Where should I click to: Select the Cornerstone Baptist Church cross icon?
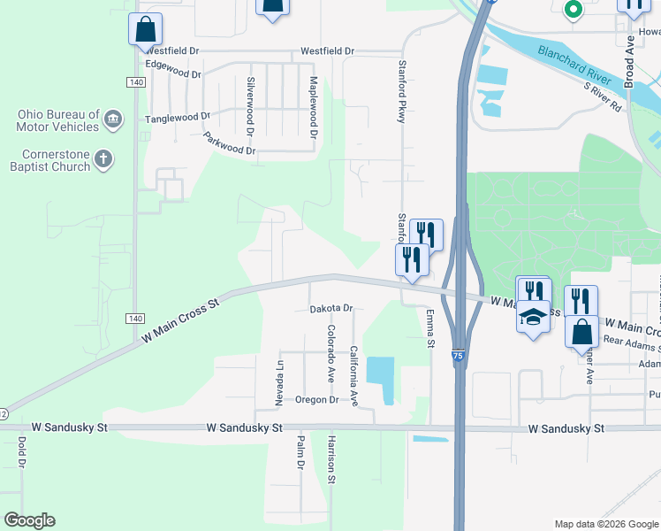(x=103, y=159)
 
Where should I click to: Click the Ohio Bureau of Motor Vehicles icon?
(x=113, y=119)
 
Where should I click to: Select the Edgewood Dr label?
(x=173, y=70)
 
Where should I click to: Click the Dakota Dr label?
(x=331, y=309)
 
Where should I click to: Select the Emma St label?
(x=431, y=327)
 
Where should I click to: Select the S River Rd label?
(x=603, y=95)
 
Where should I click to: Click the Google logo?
(x=29, y=520)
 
